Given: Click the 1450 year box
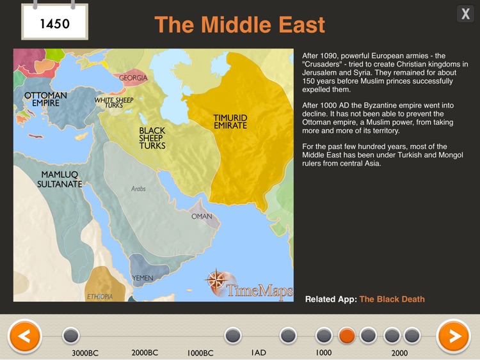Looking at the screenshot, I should pos(54,24).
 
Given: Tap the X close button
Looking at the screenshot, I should pos(465,14).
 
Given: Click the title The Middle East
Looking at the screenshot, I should pos(239,25).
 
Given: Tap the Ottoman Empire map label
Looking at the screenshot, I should pos(45,99).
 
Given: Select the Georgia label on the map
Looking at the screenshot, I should pos(133,78).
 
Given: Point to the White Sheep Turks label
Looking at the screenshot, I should pos(114,102).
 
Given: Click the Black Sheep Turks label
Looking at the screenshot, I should pos(152,138).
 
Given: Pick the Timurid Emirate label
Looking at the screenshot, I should pos(230,121).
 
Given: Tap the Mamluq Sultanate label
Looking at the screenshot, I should pos(60,179).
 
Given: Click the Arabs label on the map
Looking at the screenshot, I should pos(138,189).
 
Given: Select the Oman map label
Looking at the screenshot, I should pos(202,217).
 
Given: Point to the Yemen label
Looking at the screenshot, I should pos(142,278).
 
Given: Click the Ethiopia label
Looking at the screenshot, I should pos(100,297).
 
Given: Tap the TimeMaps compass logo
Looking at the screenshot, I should pos(216,281).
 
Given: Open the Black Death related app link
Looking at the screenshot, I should pos(392,299).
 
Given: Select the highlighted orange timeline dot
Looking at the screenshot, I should pos(346,336).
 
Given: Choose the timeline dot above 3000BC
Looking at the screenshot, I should pos(70,336).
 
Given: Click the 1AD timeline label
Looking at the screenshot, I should pos(258,352).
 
